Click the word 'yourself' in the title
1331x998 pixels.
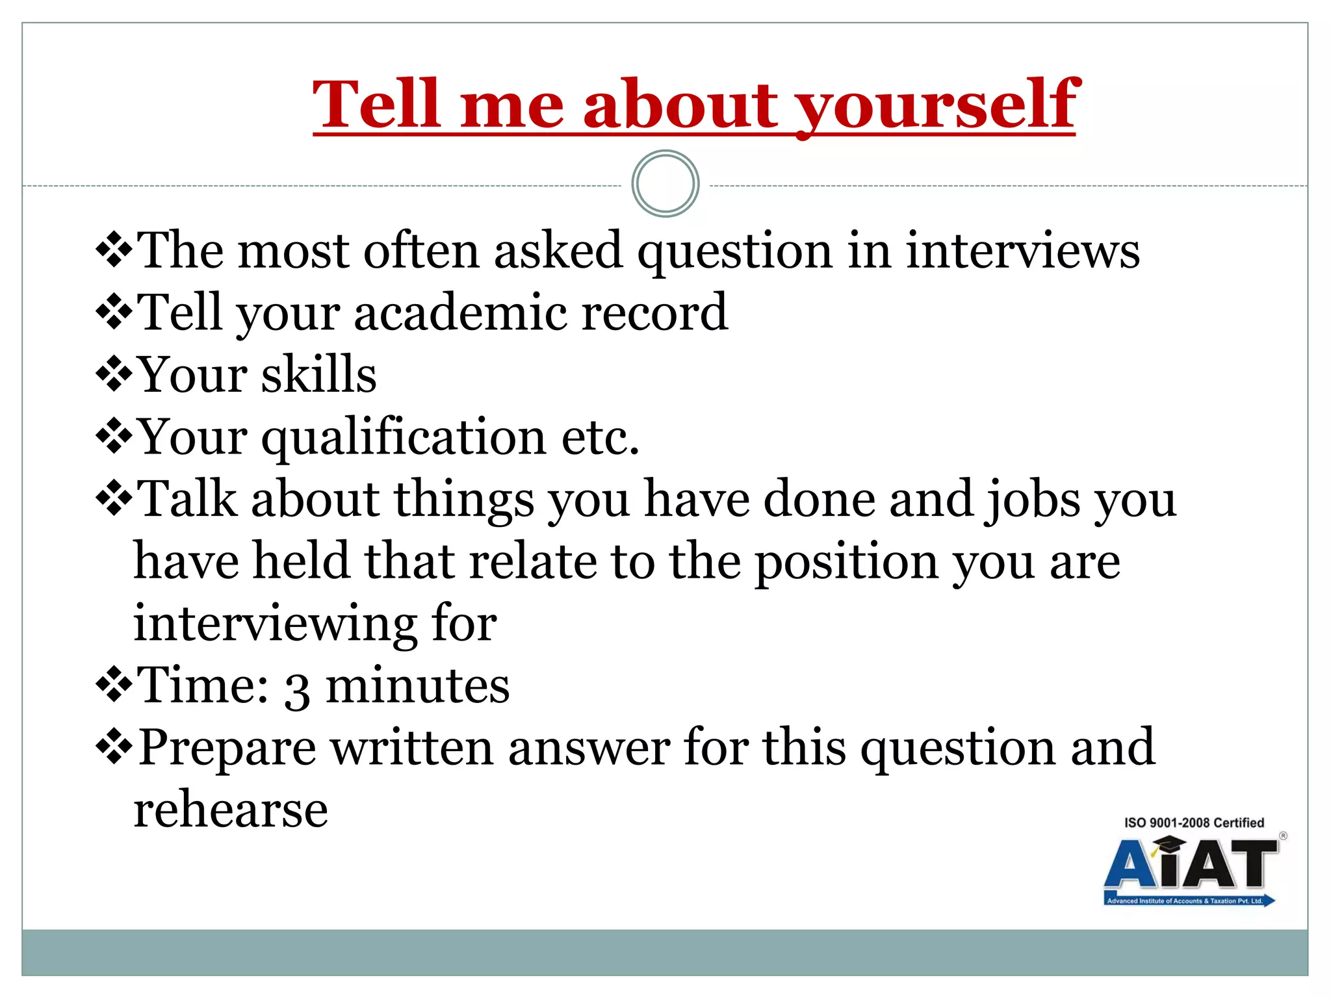937,105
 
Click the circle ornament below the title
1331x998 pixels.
665,184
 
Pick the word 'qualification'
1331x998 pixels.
404,437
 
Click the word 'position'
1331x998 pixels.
846,561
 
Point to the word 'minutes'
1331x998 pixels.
417,685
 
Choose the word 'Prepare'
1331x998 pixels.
227,748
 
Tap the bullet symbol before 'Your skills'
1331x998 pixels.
114,374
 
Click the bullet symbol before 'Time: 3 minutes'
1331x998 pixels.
114,685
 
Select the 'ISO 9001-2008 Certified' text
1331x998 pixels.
1194,823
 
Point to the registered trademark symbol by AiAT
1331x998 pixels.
1283,836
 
